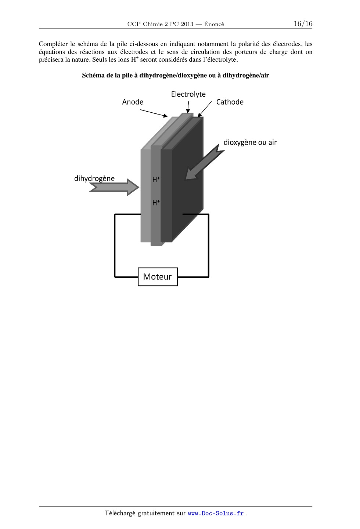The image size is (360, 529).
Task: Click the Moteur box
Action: [x=158, y=277]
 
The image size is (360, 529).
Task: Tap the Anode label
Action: [x=133, y=102]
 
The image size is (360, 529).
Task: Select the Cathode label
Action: [x=230, y=102]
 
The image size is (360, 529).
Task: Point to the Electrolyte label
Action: [x=188, y=94]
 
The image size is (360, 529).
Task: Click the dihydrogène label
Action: [x=94, y=179]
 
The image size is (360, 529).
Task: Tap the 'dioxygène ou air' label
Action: [x=250, y=142]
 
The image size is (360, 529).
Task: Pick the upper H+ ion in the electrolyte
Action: [x=156, y=180]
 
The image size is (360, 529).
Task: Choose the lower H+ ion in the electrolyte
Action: [x=156, y=202]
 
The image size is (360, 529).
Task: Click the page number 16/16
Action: [x=303, y=24]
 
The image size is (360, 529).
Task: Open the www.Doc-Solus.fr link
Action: [x=216, y=513]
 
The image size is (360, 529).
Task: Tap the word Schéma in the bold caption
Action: [x=92, y=75]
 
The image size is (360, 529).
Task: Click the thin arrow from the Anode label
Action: [x=153, y=113]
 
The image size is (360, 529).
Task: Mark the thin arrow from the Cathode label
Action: [x=205, y=109]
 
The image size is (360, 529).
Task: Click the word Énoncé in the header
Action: [x=214, y=24]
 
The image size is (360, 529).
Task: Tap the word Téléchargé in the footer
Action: [x=120, y=513]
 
